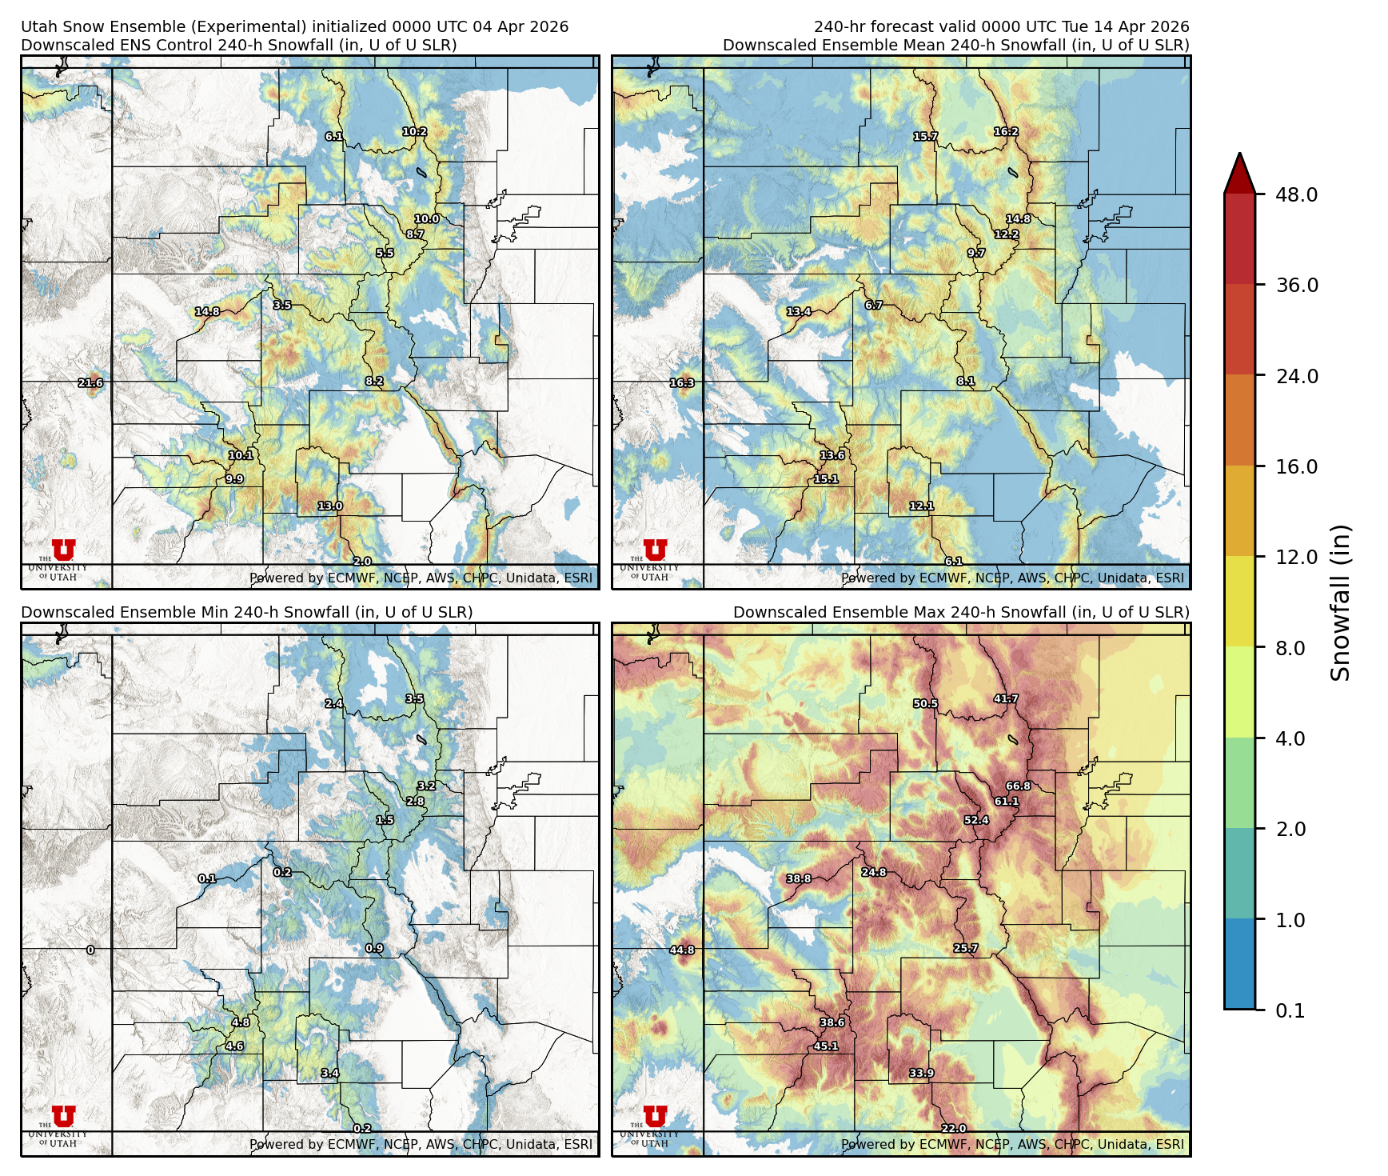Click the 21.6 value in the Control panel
coord(90,383)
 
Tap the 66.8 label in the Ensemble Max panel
coord(1018,786)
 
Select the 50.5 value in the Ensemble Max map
coord(925,704)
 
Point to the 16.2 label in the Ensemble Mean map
coord(1006,132)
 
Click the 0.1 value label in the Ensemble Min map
coord(207,878)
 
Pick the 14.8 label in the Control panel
coord(207,312)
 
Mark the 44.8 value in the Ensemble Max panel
coord(682,950)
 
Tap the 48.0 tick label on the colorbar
coord(1296,195)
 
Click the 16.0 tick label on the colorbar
coord(1296,467)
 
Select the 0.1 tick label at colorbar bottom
coord(1290,1011)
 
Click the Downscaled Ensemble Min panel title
coord(246,612)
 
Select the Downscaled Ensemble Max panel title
coord(961,612)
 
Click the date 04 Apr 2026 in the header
coord(520,26)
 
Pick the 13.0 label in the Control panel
coord(329,506)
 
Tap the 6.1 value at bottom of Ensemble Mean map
coord(953,562)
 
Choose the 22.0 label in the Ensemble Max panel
coord(953,1129)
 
